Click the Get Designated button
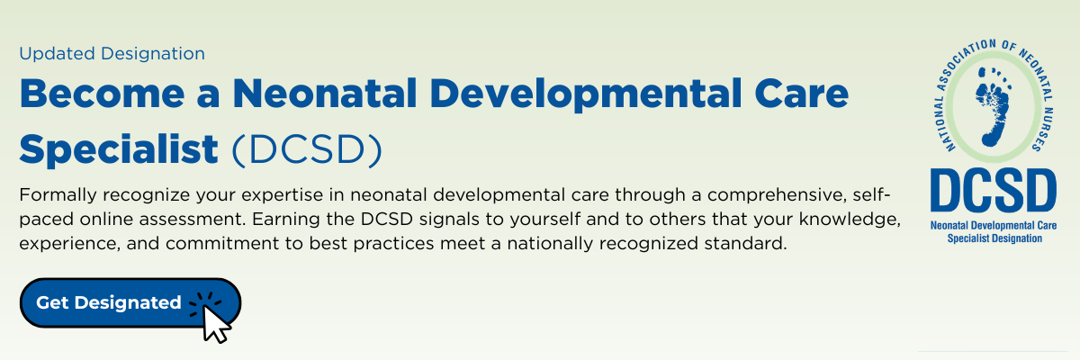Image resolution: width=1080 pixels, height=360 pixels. click(x=130, y=302)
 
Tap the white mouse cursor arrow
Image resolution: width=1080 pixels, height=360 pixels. click(x=215, y=324)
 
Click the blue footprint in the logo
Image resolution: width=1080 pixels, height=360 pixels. click(x=992, y=106)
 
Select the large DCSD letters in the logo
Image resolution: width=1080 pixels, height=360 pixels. click(x=994, y=191)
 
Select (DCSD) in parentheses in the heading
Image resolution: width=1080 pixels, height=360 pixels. click(x=307, y=150)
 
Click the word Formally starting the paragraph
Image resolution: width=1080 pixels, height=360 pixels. click(x=58, y=195)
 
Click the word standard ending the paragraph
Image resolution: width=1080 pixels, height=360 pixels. click(x=745, y=243)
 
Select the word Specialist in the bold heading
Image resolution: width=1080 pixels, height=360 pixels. click(x=119, y=150)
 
